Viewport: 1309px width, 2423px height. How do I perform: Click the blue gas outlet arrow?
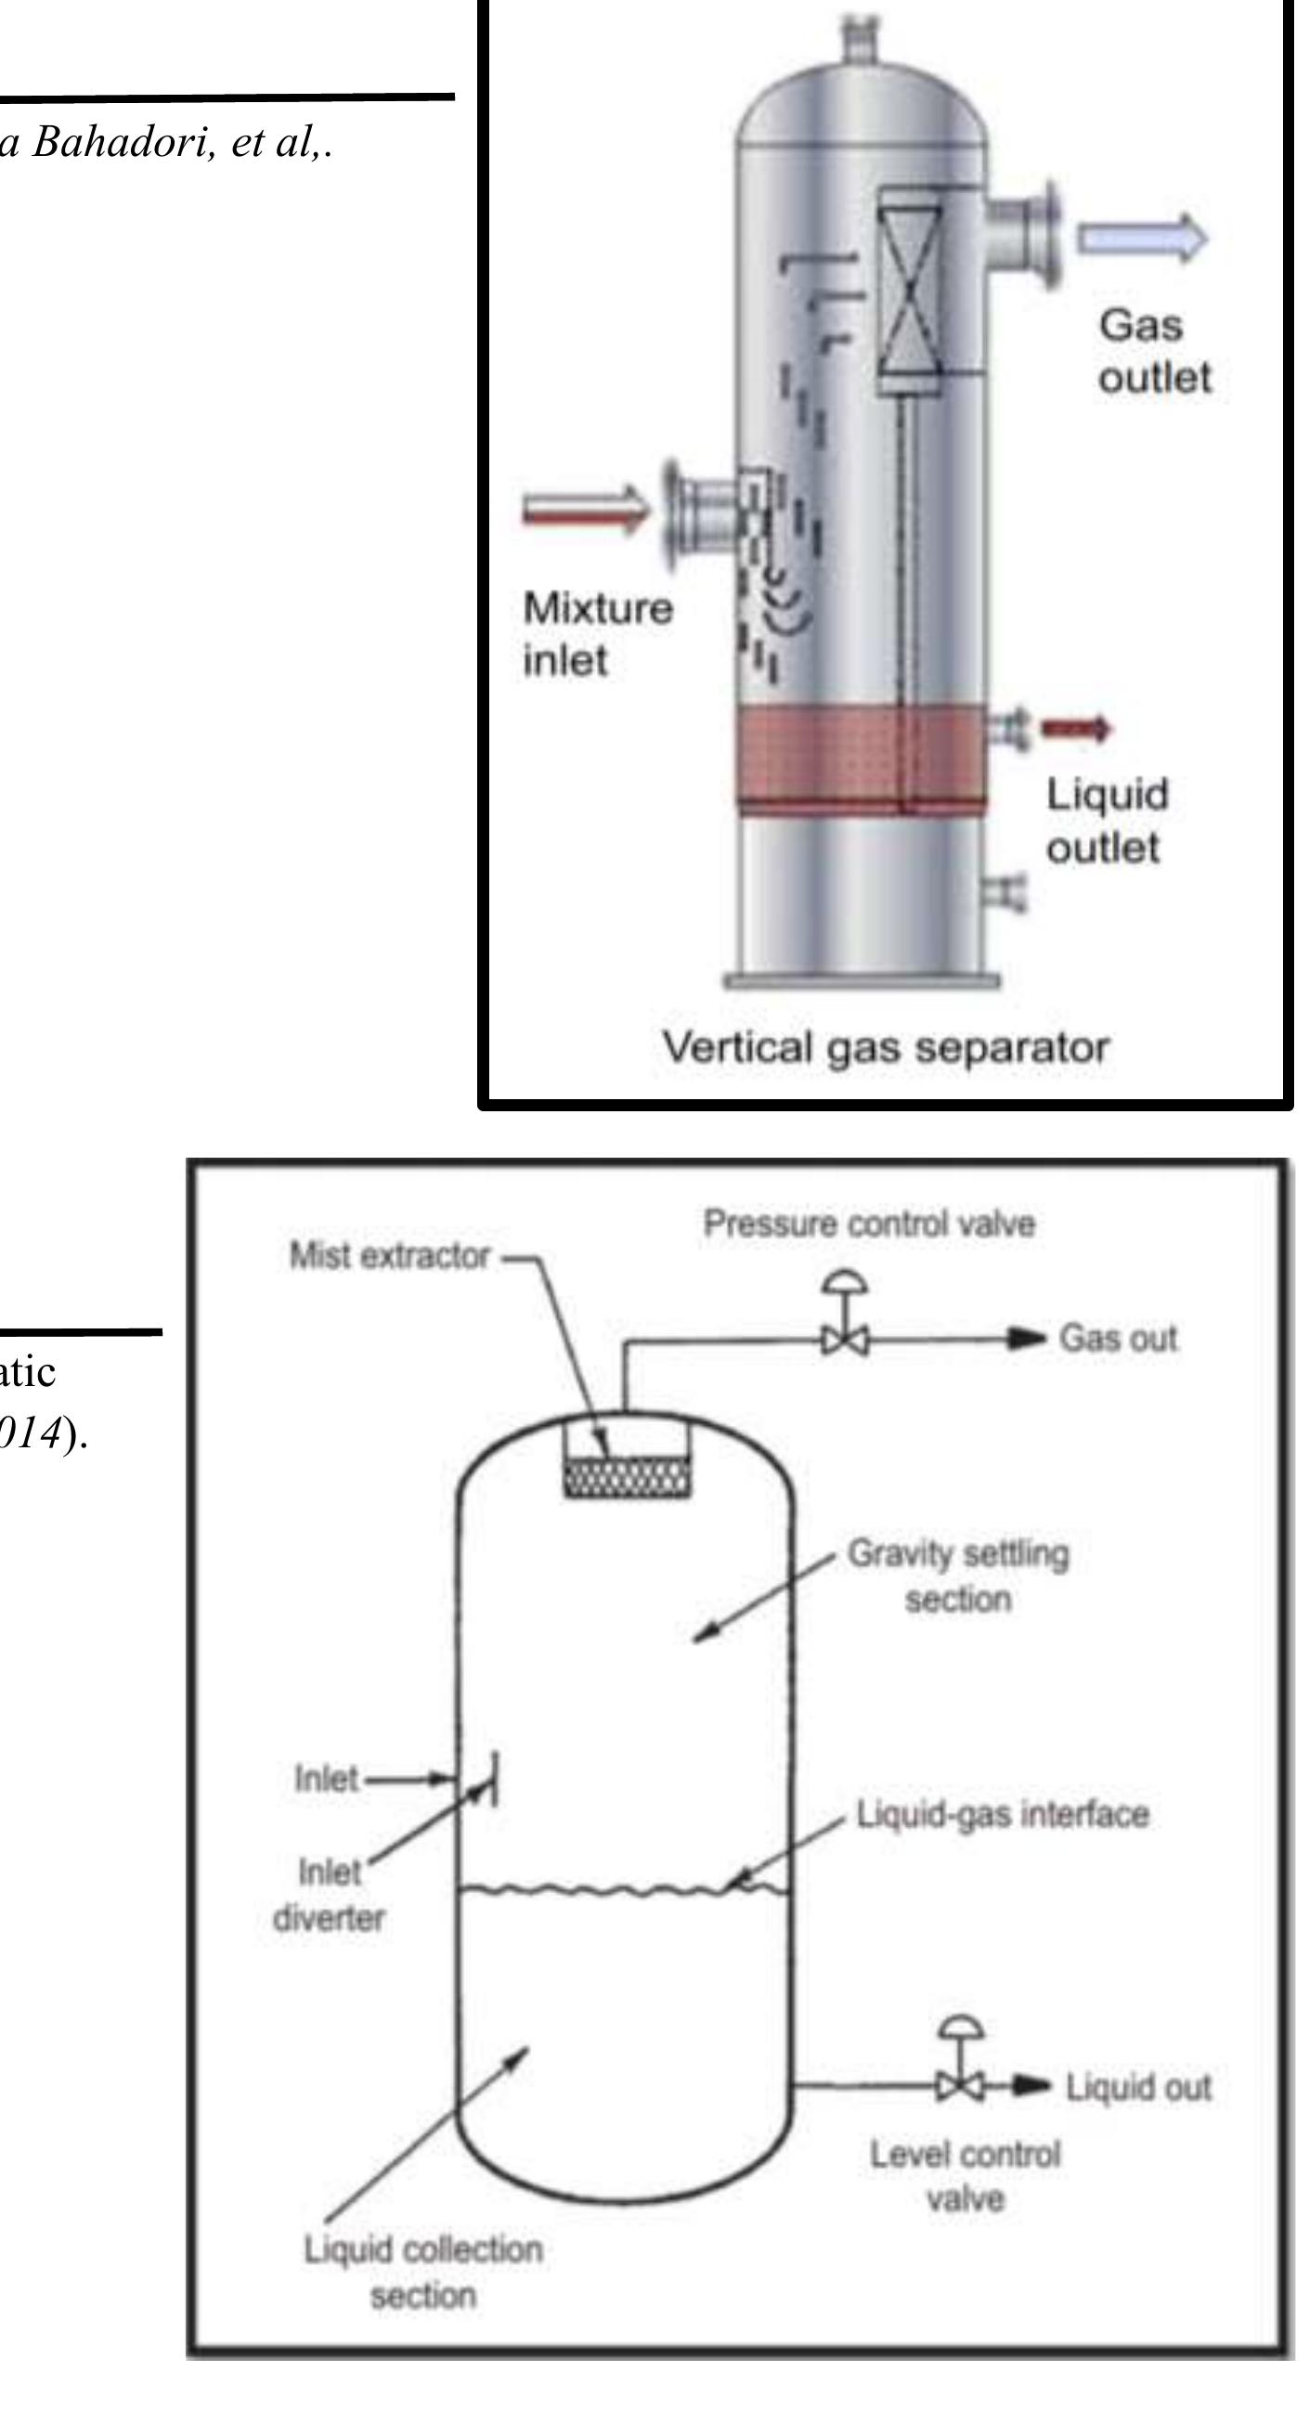click(x=1140, y=238)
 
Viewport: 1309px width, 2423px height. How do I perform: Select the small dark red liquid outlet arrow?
click(x=1076, y=727)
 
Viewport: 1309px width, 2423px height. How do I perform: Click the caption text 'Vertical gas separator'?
click(x=885, y=1047)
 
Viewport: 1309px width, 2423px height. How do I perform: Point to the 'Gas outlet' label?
click(x=1153, y=351)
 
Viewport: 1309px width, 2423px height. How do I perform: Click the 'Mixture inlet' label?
click(x=597, y=634)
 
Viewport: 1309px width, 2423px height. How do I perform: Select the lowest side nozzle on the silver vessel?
click(x=1004, y=889)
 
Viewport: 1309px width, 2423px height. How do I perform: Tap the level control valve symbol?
click(x=960, y=2086)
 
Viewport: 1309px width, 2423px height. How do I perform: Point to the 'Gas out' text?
click(x=1117, y=1338)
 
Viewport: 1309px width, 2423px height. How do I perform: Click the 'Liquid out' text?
click(x=1138, y=2087)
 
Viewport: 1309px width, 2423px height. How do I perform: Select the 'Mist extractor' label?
click(x=389, y=1256)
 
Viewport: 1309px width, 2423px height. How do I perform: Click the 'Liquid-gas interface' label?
click(x=1003, y=1814)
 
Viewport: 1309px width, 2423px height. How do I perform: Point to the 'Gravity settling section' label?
click(x=958, y=1575)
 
